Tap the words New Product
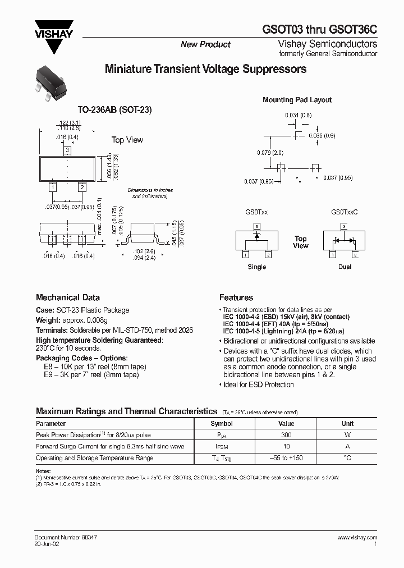point(205,44)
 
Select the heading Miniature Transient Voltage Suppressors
point(205,70)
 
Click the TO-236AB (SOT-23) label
point(115,111)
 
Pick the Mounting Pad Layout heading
point(297,100)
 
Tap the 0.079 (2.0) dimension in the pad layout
point(270,153)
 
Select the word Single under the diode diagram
point(256,267)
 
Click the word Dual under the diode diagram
point(345,267)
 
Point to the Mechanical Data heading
point(68,297)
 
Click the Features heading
point(236,297)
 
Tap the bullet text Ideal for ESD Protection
point(258,384)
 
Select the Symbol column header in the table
point(221,424)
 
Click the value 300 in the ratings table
point(286,435)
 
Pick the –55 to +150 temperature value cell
point(286,458)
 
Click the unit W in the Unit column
point(347,435)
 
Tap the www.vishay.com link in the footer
point(357,537)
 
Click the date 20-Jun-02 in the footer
point(47,544)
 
